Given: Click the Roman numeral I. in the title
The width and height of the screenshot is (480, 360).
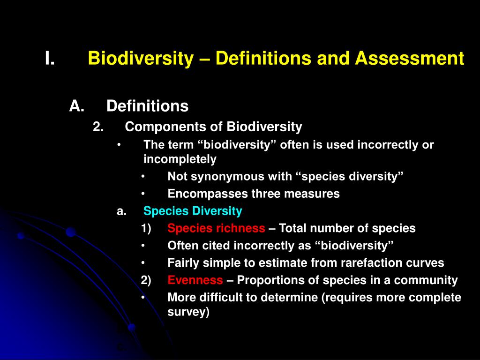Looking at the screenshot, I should [x=50, y=59].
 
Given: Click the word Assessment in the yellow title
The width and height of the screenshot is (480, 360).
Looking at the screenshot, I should [x=409, y=59].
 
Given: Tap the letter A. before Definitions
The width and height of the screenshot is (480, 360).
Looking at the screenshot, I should [x=76, y=106].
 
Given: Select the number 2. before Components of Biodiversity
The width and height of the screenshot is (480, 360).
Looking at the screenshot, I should [x=98, y=127].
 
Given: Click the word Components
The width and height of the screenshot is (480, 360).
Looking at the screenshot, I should [x=157, y=127].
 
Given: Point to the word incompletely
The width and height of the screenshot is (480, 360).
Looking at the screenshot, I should [x=180, y=159].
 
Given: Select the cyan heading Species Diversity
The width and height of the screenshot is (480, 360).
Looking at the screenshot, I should [x=193, y=211].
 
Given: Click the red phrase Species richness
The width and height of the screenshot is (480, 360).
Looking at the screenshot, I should [x=216, y=229].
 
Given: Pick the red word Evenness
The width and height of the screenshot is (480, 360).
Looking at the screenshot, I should [x=195, y=280].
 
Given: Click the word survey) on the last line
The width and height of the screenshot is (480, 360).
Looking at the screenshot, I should [x=188, y=312].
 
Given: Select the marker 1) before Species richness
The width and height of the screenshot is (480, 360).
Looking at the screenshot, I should [x=146, y=229].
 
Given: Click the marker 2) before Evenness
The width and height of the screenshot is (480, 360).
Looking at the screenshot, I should [x=146, y=280].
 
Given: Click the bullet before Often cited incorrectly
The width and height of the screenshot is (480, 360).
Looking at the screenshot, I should [x=143, y=246].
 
